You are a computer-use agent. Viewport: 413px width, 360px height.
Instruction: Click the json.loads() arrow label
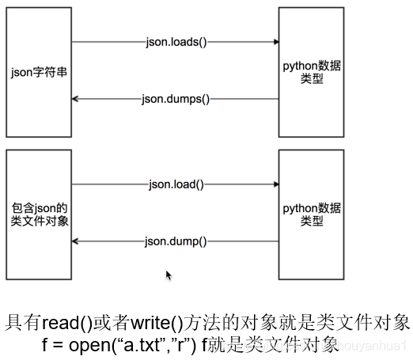tap(176, 42)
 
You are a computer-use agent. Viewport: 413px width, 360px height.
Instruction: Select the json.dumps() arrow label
tap(175, 99)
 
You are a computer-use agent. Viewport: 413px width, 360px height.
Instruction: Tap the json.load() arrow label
tap(176, 184)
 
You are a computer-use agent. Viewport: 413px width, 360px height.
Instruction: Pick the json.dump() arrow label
tap(176, 241)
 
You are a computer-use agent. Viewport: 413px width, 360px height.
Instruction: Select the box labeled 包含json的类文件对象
tap(37, 213)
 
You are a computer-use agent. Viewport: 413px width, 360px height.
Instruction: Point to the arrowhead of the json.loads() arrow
tap(275, 42)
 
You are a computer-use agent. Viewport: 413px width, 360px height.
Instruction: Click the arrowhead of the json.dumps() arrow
tap(76, 99)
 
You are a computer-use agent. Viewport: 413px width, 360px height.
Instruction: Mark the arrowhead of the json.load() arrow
tap(275, 184)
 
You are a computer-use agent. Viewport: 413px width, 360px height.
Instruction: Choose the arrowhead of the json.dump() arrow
tap(76, 241)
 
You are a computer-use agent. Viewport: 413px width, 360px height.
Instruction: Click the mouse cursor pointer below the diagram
tap(168, 274)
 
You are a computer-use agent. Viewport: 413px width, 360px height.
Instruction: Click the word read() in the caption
tap(69, 323)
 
